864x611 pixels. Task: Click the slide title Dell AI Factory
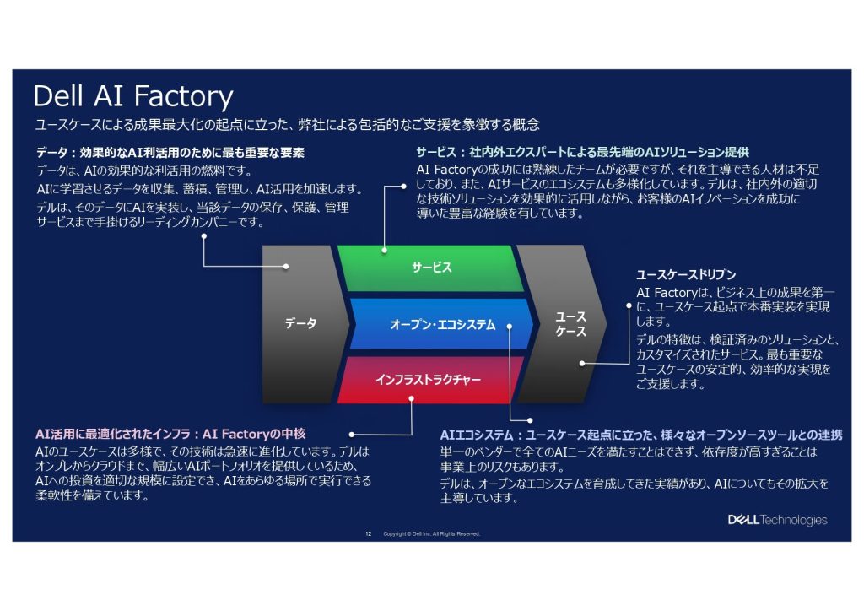(x=132, y=96)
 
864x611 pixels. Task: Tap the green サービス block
(x=431, y=268)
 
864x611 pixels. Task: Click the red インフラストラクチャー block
(x=428, y=380)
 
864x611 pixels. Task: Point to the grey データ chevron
(x=300, y=323)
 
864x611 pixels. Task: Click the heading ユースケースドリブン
(x=685, y=275)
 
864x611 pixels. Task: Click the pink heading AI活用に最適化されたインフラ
(x=170, y=434)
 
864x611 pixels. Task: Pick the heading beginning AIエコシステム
(x=640, y=435)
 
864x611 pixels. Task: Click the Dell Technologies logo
(x=777, y=520)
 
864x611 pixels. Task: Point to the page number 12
(x=368, y=533)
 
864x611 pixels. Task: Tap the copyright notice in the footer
(x=431, y=533)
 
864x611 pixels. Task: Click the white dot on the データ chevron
(x=286, y=267)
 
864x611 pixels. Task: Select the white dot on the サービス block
(x=384, y=251)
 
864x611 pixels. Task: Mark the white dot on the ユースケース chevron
(x=581, y=364)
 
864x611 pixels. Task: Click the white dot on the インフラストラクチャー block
(x=411, y=397)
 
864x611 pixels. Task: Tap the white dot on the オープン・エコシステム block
(x=511, y=325)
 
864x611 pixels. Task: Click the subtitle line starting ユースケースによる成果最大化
(x=286, y=125)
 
